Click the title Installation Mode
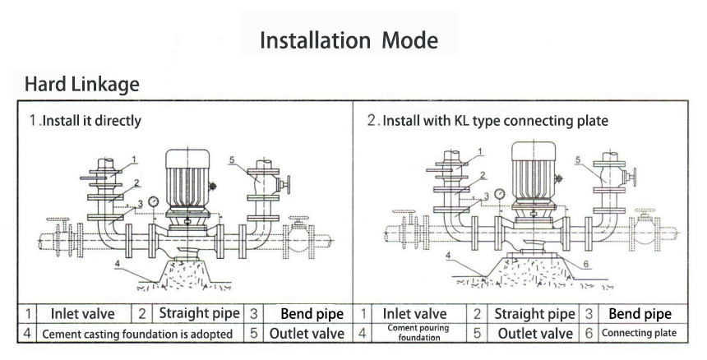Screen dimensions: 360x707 (349, 39)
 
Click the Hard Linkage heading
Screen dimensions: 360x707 (81, 84)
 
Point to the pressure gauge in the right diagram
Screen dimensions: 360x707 (499, 194)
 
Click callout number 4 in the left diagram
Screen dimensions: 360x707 (117, 265)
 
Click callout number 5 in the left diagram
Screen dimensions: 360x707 (233, 159)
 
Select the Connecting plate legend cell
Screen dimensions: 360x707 (639, 333)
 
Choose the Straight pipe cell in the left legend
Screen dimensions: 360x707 (199, 314)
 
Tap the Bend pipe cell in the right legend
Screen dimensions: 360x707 (639, 314)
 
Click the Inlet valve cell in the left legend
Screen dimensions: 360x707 (83, 314)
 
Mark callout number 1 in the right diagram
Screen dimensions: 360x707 (478, 153)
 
